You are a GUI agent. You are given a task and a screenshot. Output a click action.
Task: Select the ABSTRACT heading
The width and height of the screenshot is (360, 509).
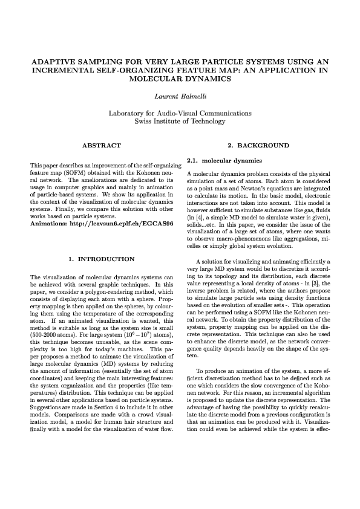pos(101,146)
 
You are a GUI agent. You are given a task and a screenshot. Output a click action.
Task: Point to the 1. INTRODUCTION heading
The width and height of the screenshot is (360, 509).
pos(102,259)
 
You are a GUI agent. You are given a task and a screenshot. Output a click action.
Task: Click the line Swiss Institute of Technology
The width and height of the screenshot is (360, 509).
pos(180,122)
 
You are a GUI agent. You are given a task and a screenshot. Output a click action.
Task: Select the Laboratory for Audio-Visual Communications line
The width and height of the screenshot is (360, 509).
pos(180,113)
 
